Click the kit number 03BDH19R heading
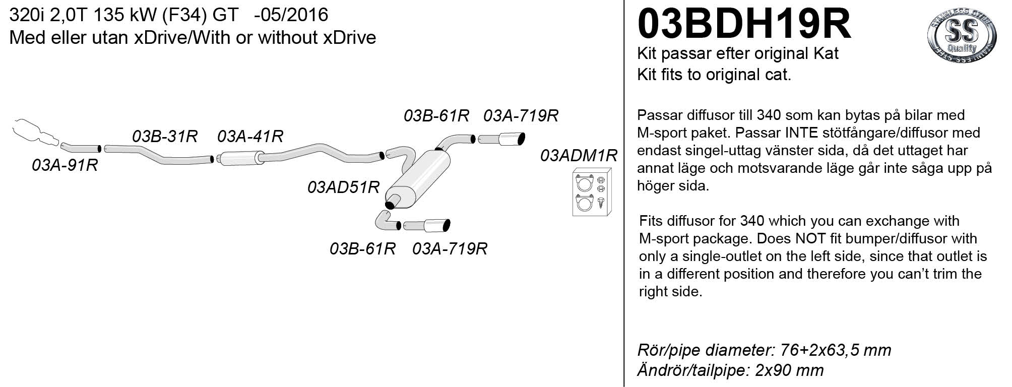(x=744, y=24)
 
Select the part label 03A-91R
(x=65, y=165)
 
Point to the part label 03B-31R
(x=164, y=137)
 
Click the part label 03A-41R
(x=250, y=137)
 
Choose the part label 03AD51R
(x=343, y=187)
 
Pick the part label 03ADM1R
(x=579, y=156)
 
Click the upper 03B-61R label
(x=436, y=116)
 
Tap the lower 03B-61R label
(x=362, y=249)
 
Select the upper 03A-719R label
(x=521, y=116)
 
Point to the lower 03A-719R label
(x=450, y=249)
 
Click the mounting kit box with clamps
(x=592, y=192)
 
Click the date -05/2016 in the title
(x=291, y=15)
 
